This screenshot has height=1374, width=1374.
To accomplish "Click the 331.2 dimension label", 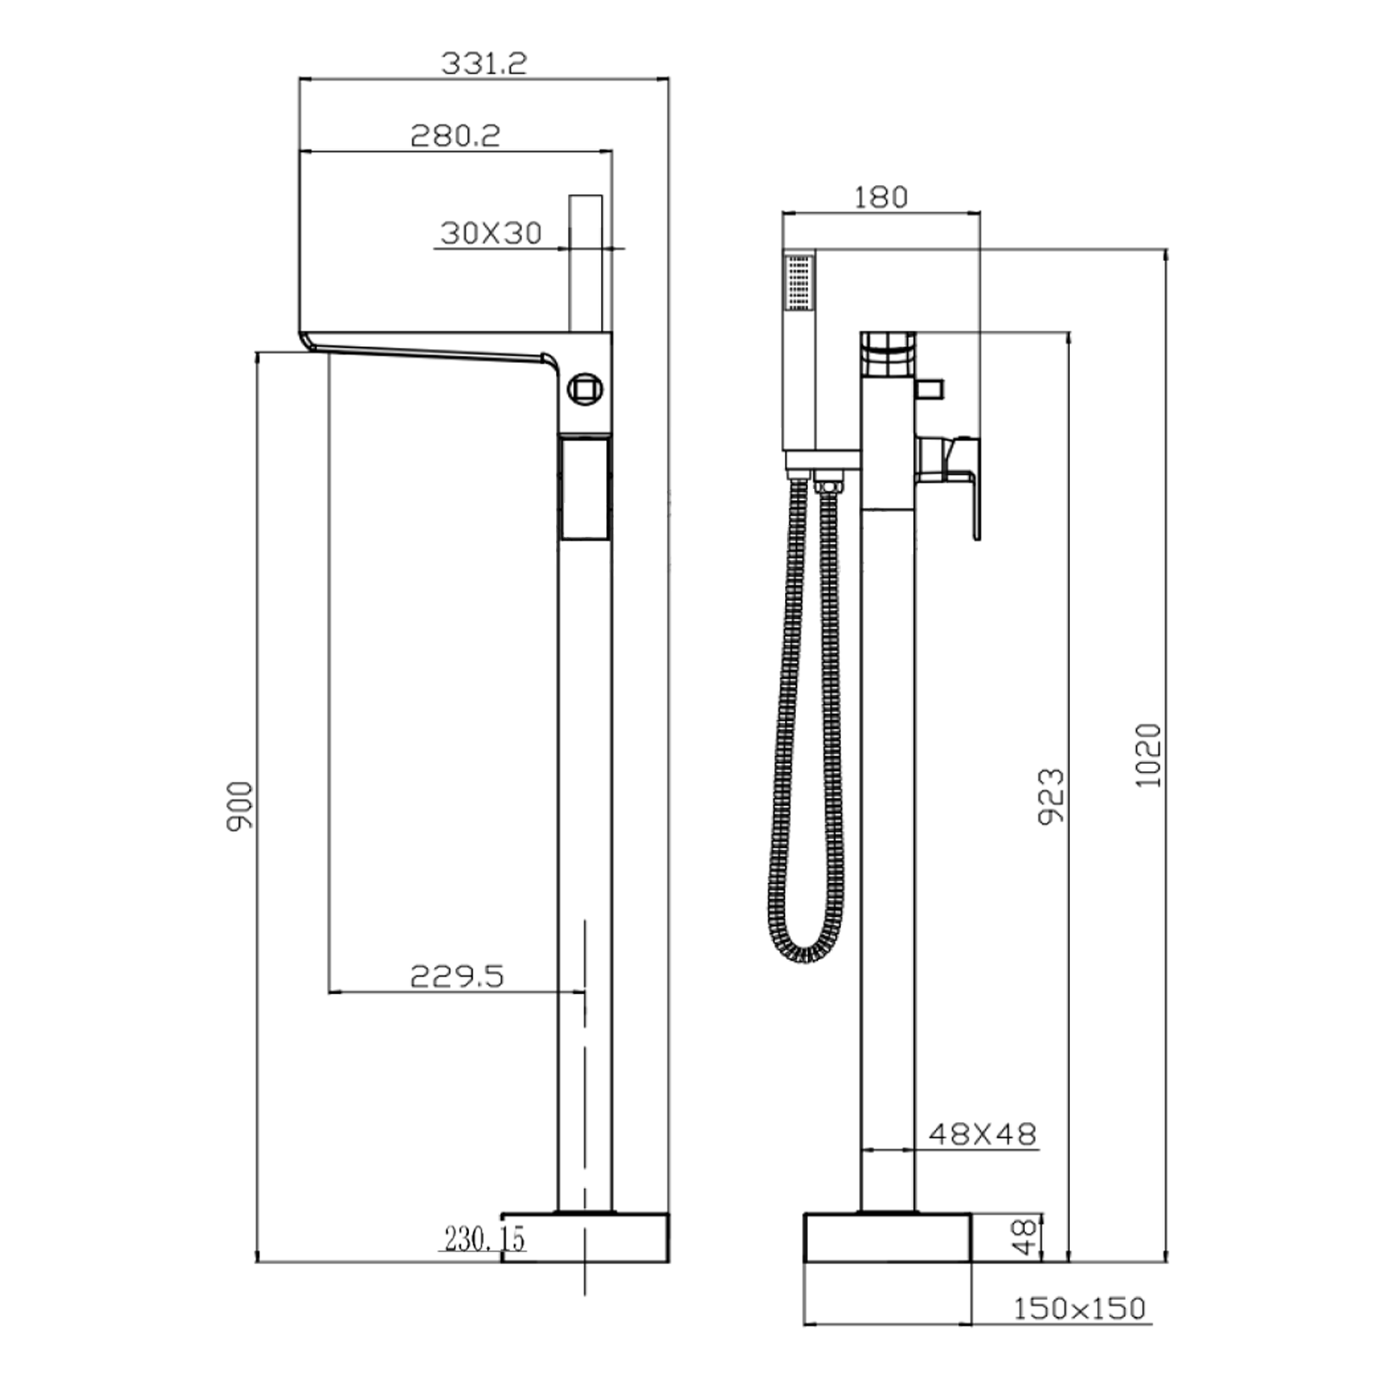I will (484, 63).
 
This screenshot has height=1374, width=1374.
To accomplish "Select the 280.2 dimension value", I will (455, 136).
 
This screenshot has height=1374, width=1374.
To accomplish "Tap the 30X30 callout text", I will (491, 233).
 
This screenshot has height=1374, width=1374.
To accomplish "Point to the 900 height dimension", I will (240, 806).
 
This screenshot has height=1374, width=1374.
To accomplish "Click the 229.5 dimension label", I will (456, 976).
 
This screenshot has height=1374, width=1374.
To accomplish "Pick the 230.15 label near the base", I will (485, 1238).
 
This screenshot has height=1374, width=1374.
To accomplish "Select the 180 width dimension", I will (880, 197).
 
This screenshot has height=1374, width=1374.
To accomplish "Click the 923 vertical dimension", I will (1052, 796).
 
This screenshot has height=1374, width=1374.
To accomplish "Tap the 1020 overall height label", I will (1149, 755).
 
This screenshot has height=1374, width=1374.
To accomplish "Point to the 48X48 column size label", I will (982, 1134).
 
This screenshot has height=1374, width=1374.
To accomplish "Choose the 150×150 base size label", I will (1079, 1308).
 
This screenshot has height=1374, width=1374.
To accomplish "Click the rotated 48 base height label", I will (1028, 1237).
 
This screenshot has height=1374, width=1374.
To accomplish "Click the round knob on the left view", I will (584, 389).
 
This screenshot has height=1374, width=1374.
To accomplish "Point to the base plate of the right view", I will (887, 1238).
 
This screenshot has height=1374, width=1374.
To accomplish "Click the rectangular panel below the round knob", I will (584, 488).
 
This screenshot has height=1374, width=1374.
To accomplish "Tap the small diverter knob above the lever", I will (929, 388).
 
